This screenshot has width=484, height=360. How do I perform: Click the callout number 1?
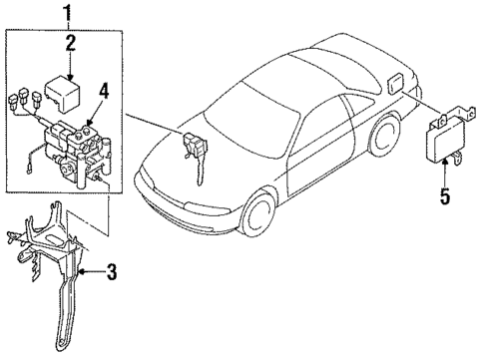pyautogui.click(x=67, y=15)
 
